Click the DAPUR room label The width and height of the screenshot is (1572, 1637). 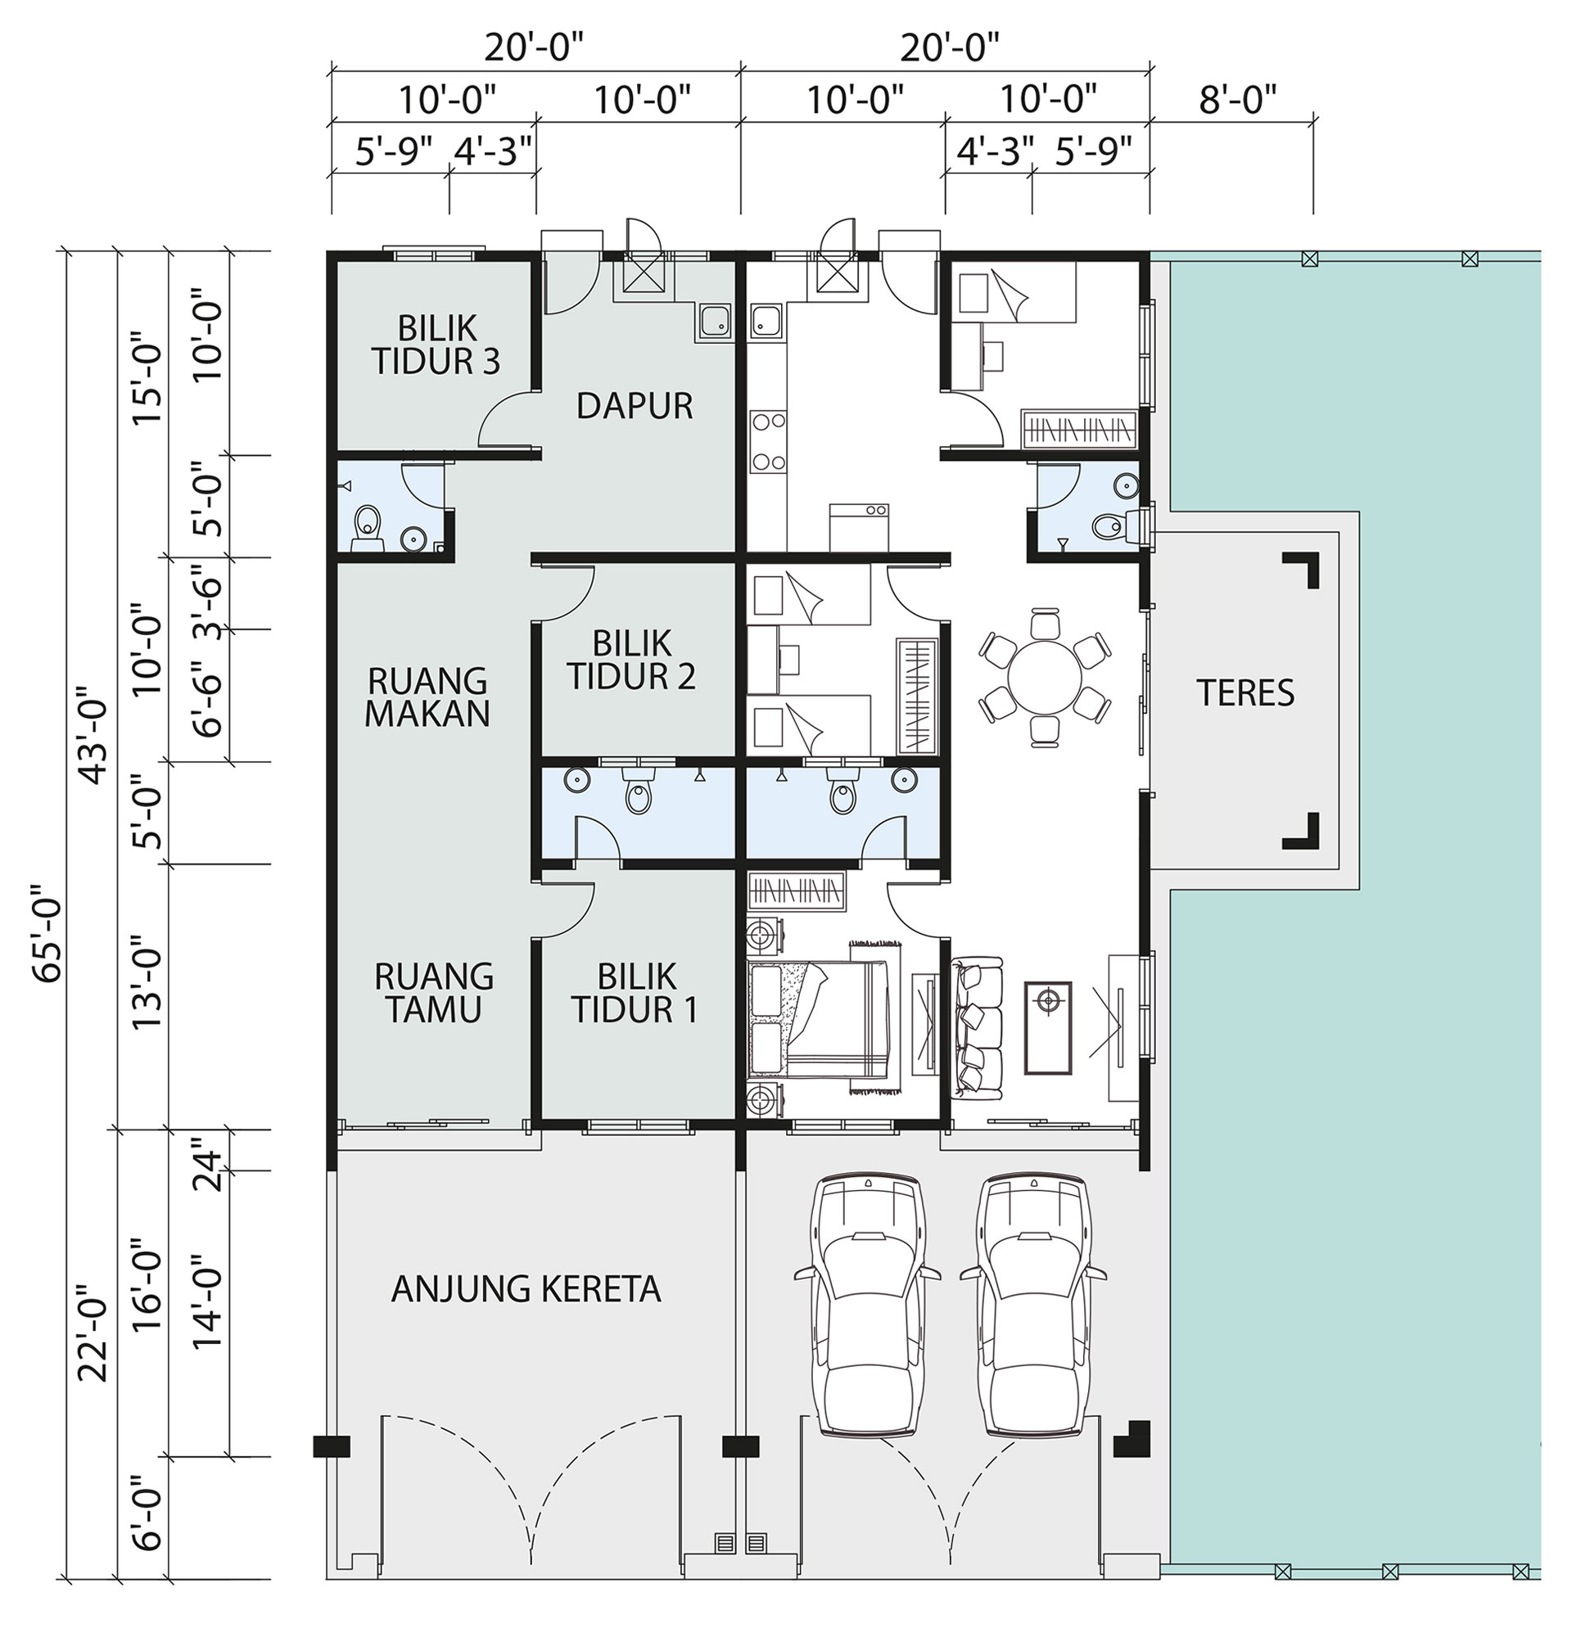[x=635, y=406]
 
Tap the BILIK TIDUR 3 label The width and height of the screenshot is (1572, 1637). [x=436, y=344]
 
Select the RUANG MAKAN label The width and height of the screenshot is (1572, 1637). [x=427, y=697]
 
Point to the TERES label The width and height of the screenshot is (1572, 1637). [x=1245, y=692]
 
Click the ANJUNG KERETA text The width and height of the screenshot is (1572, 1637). [x=526, y=1288]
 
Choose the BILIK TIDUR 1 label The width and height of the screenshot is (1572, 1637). [x=635, y=993]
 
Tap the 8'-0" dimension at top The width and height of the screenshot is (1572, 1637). [x=1239, y=100]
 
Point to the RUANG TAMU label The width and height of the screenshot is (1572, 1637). [x=433, y=993]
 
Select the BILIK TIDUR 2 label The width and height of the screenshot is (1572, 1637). [x=631, y=660]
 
